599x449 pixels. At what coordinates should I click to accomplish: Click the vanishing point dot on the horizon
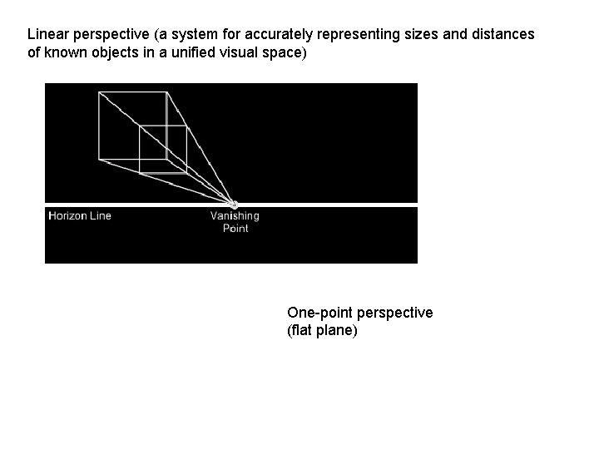[234, 205]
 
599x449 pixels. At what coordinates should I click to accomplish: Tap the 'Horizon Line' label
[80, 216]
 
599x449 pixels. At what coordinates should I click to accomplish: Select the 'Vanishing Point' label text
[235, 222]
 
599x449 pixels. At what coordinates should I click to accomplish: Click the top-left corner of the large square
[99, 92]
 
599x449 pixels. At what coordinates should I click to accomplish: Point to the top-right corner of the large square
[168, 92]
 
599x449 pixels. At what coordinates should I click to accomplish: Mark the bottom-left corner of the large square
[99, 162]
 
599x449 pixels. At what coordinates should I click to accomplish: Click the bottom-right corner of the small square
[186, 173]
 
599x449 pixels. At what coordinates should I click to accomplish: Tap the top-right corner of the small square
[186, 126]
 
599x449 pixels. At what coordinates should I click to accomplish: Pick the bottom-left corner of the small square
[140, 173]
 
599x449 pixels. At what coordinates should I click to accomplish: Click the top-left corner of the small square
[140, 126]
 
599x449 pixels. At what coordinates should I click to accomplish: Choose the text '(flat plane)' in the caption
[322, 331]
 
